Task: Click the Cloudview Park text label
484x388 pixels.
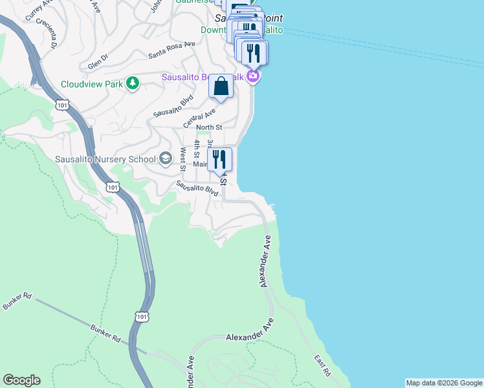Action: coord(93,84)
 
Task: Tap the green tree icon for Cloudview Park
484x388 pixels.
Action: coord(133,83)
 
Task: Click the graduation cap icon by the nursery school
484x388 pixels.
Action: coord(166,159)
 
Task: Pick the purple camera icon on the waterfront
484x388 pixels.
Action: coord(253,77)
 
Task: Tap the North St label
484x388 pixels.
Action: coord(209,127)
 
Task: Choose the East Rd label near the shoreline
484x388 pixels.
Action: coord(322,365)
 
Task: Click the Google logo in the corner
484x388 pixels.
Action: coord(21,380)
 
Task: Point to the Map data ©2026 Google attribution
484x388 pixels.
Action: coord(444,383)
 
